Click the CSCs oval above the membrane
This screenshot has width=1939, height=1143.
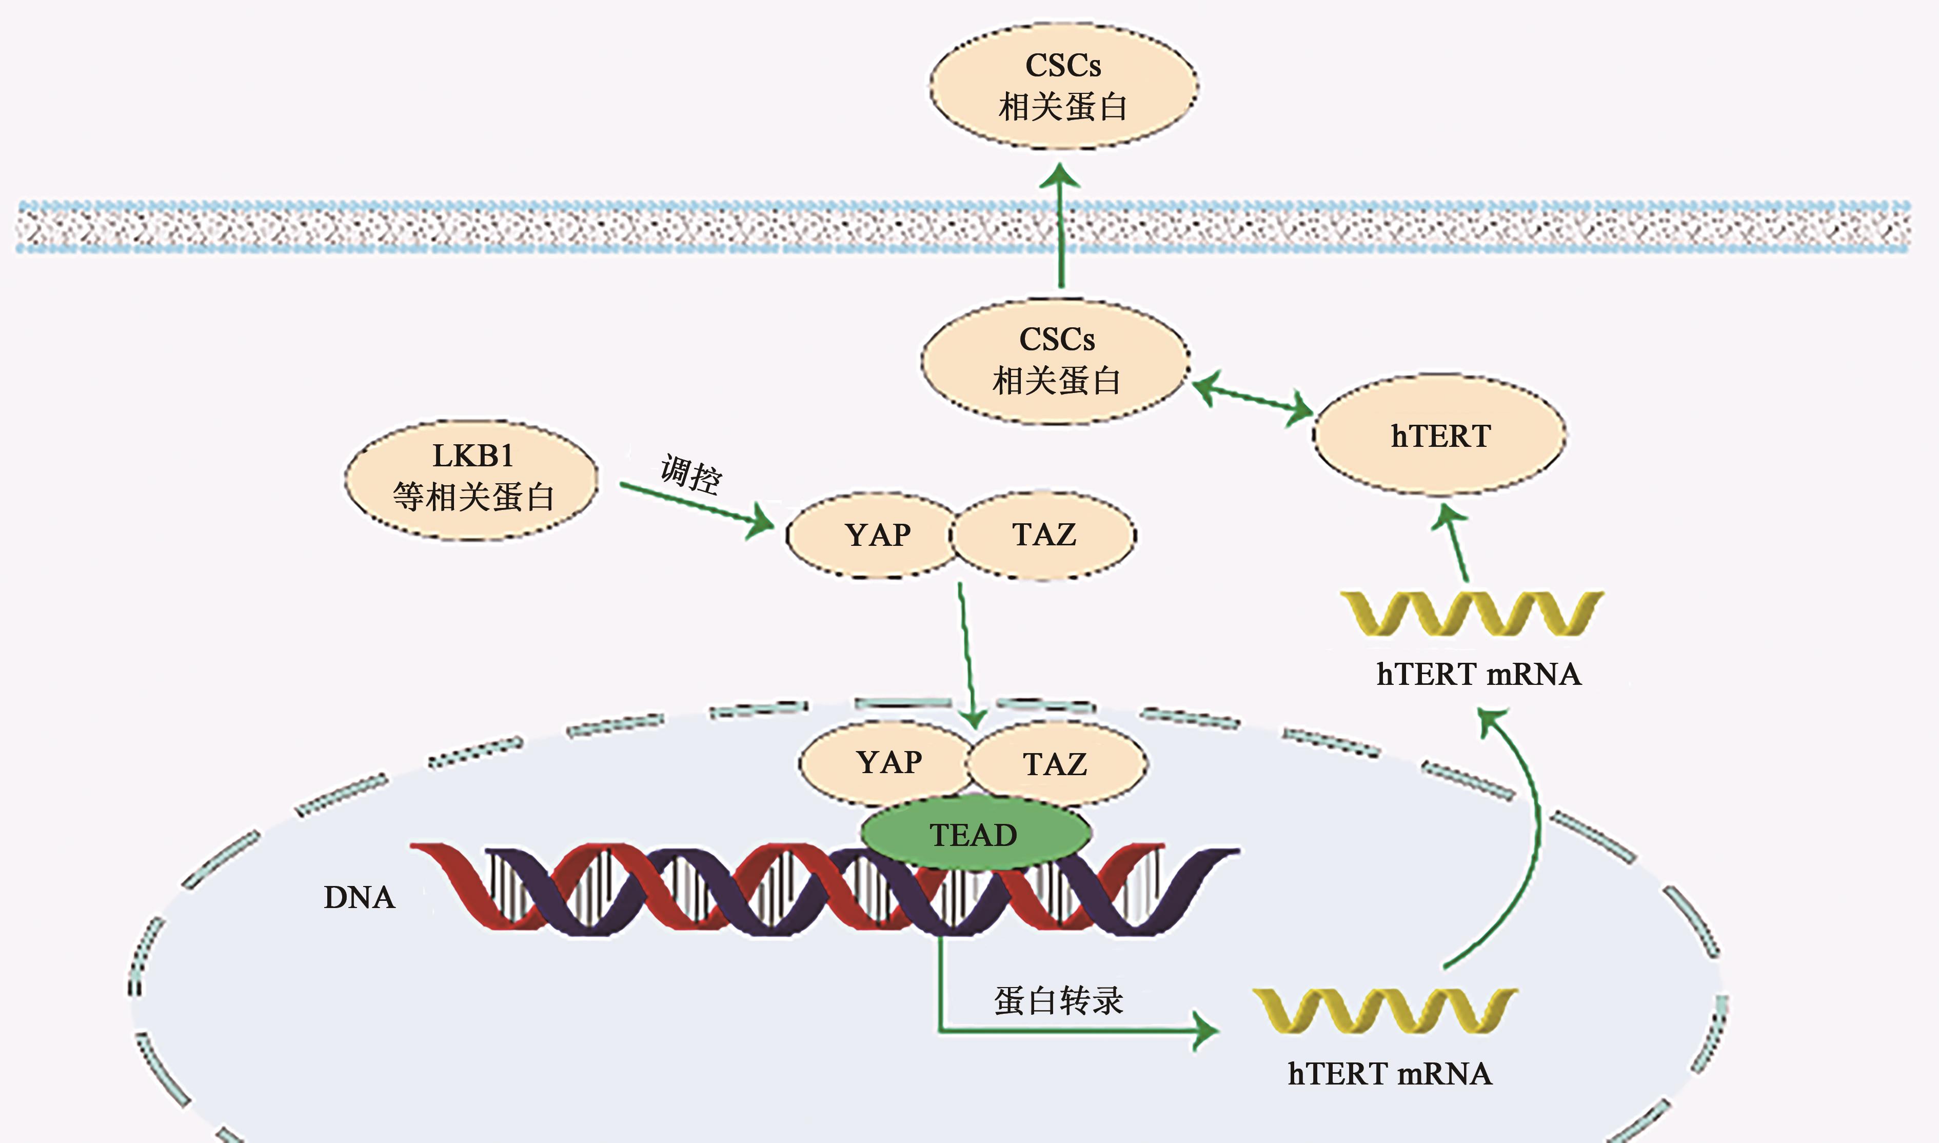click(1063, 86)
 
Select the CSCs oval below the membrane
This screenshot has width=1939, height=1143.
click(1056, 361)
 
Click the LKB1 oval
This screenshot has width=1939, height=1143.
click(472, 478)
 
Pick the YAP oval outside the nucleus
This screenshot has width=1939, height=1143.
click(875, 535)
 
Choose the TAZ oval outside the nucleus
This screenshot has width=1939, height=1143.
click(1044, 535)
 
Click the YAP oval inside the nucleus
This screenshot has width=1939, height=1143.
click(887, 762)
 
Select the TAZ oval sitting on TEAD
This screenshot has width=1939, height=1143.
click(1055, 764)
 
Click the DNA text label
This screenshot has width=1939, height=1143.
click(359, 897)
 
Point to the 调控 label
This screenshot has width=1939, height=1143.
click(691, 473)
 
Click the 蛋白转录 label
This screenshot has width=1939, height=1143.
click(1058, 1000)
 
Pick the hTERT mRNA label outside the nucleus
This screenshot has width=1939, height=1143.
click(1478, 674)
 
